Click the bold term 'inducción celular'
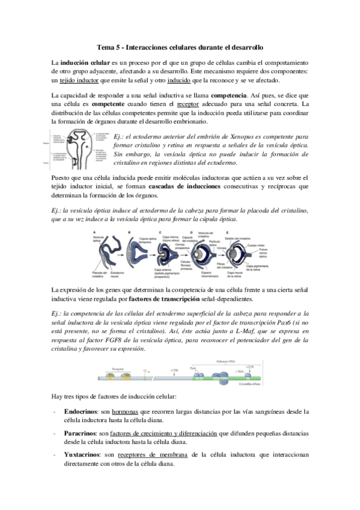84,63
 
